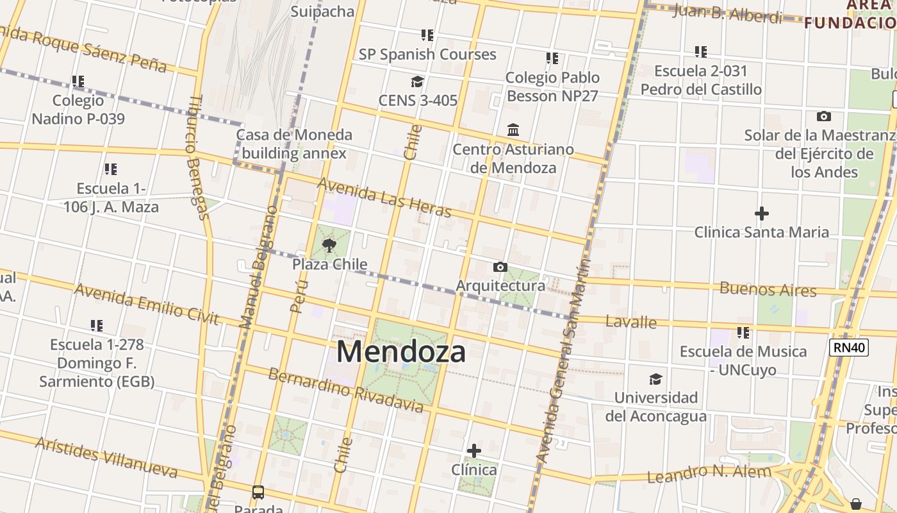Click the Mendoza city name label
400,351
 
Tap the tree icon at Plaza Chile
329,245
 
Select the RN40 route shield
848,348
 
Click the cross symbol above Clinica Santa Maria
761,213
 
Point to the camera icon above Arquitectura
500,267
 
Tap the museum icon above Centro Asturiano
513,130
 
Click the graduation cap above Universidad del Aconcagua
655,379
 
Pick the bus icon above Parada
258,492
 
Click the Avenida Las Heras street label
385,197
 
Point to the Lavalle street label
631,322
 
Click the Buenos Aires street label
768,289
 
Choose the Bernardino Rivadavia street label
345,390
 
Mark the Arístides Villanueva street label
106,458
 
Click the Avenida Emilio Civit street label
147,304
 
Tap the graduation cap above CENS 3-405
417,81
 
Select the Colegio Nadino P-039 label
78,110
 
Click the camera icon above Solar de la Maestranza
824,116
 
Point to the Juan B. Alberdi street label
727,13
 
